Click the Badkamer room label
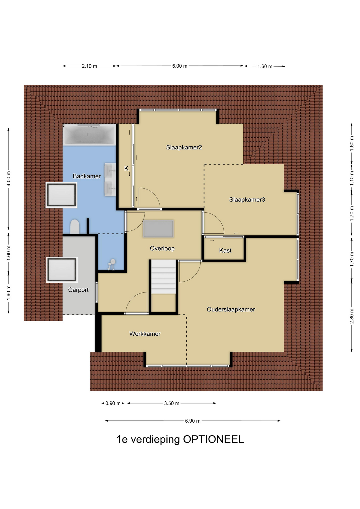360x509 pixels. pyautogui.click(x=87, y=176)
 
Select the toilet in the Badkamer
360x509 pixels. pyautogui.click(x=75, y=227)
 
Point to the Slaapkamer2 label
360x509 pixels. pyautogui.click(x=184, y=147)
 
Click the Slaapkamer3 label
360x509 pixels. pyautogui.click(x=247, y=200)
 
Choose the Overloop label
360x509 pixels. pyautogui.click(x=162, y=248)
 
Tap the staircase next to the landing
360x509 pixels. pyautogui.click(x=164, y=277)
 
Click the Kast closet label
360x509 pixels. pyautogui.click(x=225, y=251)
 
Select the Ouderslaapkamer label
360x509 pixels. pyautogui.click(x=231, y=309)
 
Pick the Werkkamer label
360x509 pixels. pyautogui.click(x=145, y=334)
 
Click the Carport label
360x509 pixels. pyautogui.click(x=78, y=290)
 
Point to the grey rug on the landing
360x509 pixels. pyautogui.click(x=158, y=229)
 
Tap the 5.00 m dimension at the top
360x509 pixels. pyautogui.click(x=180, y=66)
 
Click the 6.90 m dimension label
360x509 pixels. pyautogui.click(x=193, y=421)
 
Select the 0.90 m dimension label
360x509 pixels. pyautogui.click(x=113, y=403)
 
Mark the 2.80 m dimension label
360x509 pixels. pyautogui.click(x=352, y=316)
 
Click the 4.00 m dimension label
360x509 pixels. pyautogui.click(x=8, y=179)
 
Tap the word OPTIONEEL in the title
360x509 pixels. pyautogui.click(x=213, y=440)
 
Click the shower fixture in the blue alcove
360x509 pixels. pyautogui.click(x=111, y=265)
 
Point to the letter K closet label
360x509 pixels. pyautogui.click(x=126, y=168)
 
